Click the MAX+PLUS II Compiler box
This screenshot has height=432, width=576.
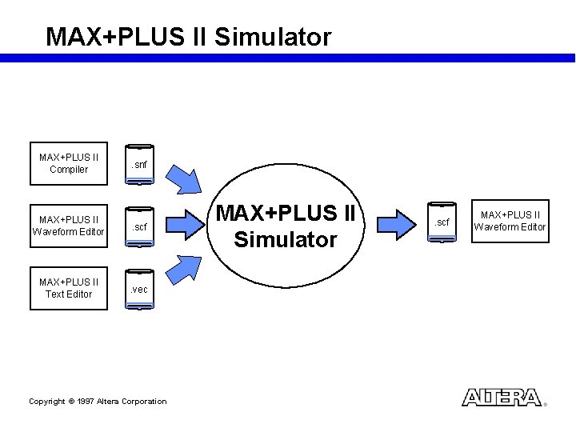pyautogui.click(x=69, y=163)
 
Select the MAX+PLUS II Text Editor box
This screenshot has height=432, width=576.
pyautogui.click(x=69, y=288)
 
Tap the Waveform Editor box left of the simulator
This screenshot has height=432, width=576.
pyautogui.click(x=69, y=226)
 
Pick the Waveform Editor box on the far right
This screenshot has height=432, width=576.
pyautogui.click(x=510, y=221)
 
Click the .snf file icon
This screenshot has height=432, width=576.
pyautogui.click(x=140, y=165)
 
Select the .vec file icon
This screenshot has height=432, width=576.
pyautogui.click(x=140, y=289)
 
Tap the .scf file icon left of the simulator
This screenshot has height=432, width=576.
pyautogui.click(x=140, y=227)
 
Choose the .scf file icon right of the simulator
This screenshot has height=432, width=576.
pyautogui.click(x=442, y=222)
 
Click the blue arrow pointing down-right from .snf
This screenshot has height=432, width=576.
pyautogui.click(x=191, y=178)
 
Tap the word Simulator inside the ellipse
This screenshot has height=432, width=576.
pyautogui.click(x=286, y=239)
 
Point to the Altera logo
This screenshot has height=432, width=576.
pyautogui.click(x=502, y=398)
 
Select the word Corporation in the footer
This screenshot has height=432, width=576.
pyautogui.click(x=144, y=402)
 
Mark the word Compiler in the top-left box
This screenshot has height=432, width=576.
pyautogui.click(x=69, y=170)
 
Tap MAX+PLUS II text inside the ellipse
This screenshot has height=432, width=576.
pyautogui.click(x=286, y=214)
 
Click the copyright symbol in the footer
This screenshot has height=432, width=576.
pyautogui.click(x=70, y=402)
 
